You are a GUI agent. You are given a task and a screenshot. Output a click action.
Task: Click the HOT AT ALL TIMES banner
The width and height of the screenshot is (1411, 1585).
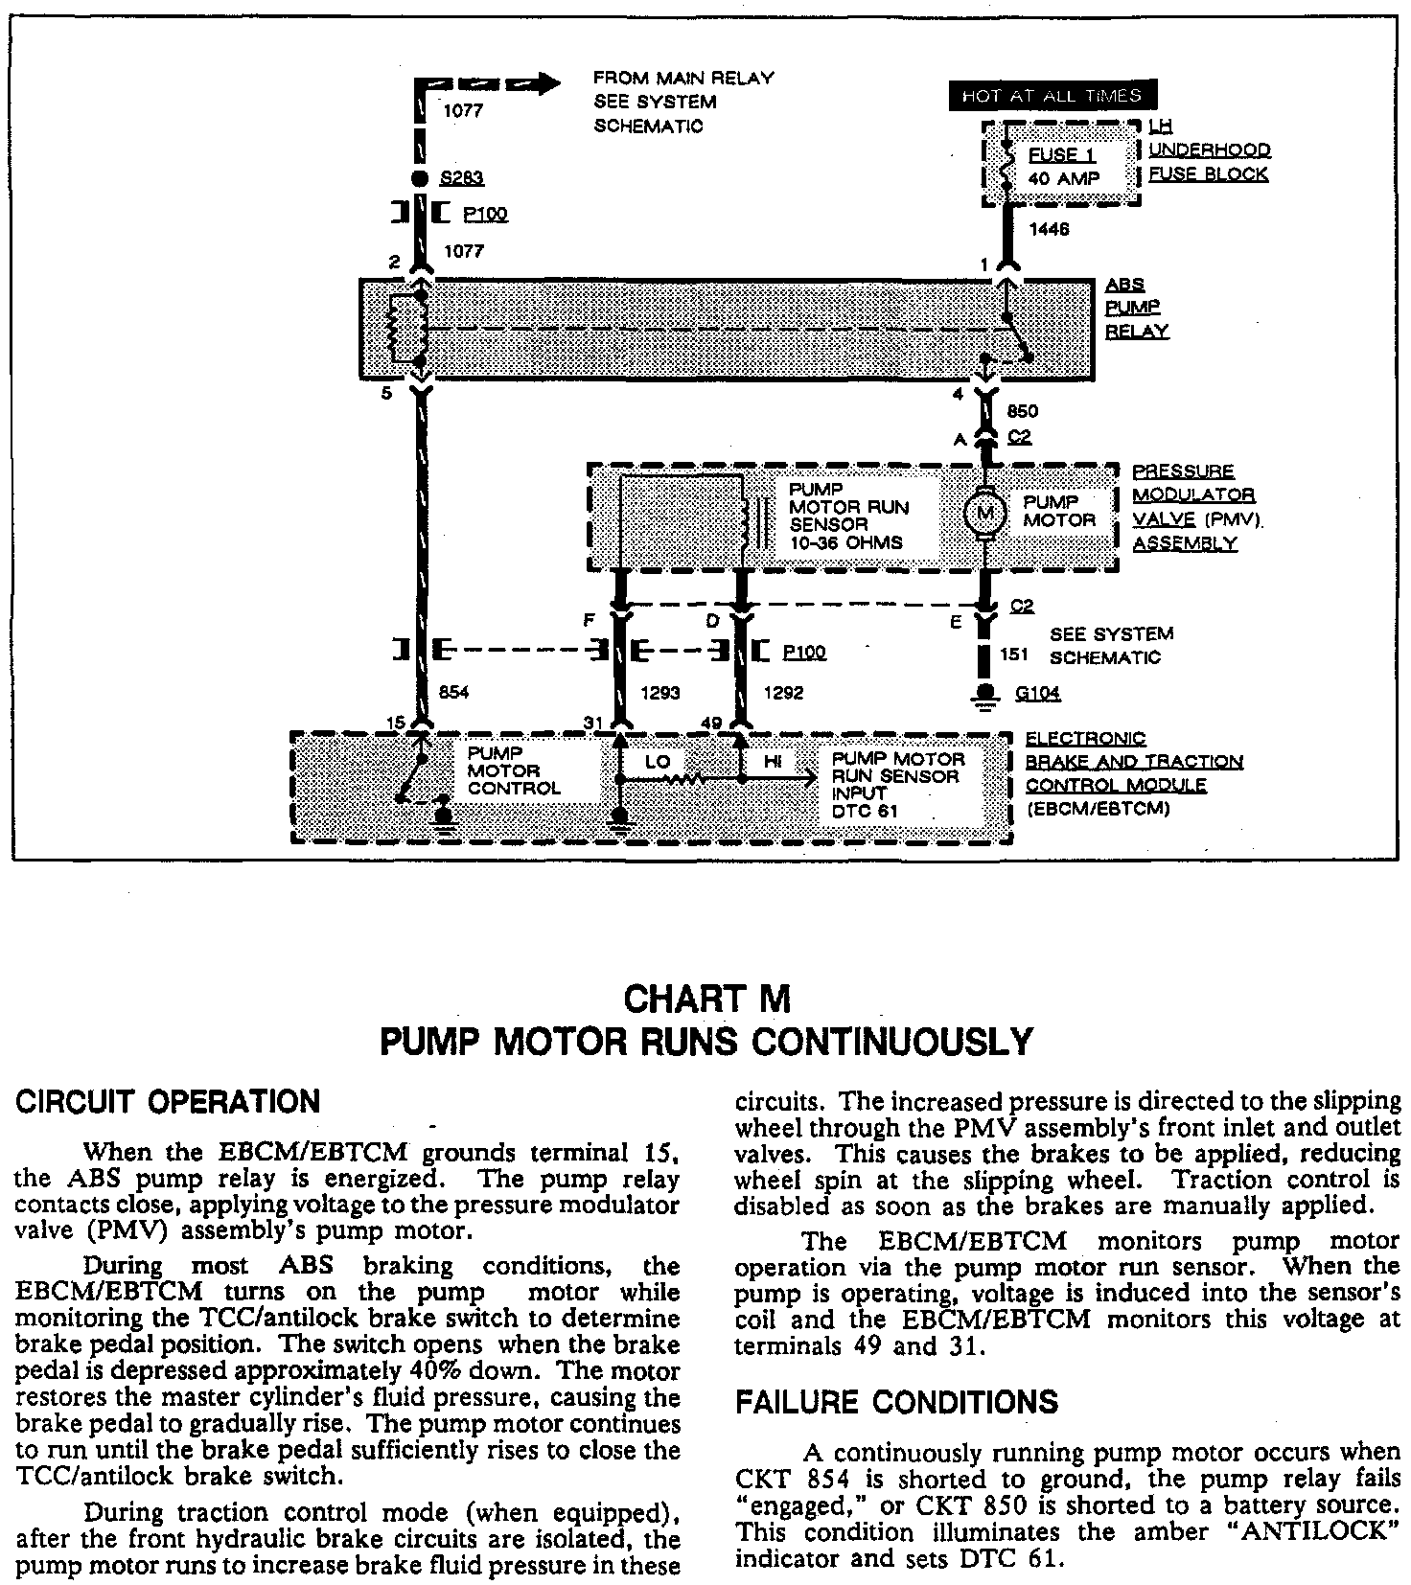(x=1052, y=96)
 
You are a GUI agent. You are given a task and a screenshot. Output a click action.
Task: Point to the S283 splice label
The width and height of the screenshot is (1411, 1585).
(x=461, y=178)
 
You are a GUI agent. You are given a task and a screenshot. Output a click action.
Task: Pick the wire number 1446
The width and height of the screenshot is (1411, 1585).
(x=1049, y=230)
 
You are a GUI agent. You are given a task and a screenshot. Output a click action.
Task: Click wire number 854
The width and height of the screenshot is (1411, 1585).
(x=452, y=693)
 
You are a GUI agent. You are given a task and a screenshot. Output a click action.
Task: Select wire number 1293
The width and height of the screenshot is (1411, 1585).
(x=660, y=693)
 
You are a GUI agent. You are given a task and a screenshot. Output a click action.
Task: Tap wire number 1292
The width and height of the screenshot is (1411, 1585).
(x=783, y=693)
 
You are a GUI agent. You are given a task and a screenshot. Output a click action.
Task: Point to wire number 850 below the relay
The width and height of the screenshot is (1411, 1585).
(x=1023, y=411)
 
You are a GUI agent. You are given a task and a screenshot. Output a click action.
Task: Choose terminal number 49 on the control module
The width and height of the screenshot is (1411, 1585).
(x=712, y=723)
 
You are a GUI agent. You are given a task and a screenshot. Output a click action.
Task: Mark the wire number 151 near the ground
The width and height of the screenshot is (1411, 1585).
(x=1014, y=655)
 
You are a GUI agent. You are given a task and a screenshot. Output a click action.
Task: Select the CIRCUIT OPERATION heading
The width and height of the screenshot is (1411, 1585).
(x=168, y=1101)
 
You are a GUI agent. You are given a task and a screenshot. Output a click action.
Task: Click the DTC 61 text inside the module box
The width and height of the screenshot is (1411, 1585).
(x=867, y=812)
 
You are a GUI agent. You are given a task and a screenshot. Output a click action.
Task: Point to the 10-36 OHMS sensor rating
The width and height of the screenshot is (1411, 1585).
(x=846, y=542)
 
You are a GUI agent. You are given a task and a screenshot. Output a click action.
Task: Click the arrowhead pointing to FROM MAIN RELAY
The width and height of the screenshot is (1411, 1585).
(x=547, y=83)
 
